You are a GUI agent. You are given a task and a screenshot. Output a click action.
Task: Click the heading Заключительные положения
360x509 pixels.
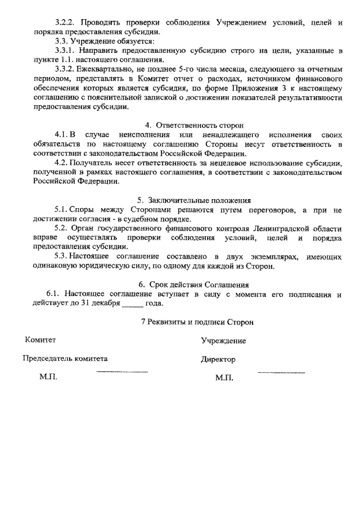pyautogui.click(x=201, y=200)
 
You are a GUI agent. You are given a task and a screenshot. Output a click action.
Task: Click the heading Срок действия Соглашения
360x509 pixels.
pyautogui.click(x=202, y=285)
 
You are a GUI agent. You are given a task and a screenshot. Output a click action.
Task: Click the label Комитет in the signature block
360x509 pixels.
pyautogui.click(x=40, y=340)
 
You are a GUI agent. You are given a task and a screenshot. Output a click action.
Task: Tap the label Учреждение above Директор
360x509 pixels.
pyautogui.click(x=223, y=341)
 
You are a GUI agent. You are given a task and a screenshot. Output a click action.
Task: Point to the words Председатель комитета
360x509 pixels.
pyautogui.click(x=65, y=358)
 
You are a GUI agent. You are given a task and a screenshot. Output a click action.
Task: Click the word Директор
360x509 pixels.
pyautogui.click(x=218, y=359)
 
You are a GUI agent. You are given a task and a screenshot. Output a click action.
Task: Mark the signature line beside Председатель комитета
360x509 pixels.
pyautogui.click(x=122, y=372)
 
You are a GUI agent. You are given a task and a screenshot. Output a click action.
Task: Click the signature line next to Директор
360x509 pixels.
pyautogui.click(x=281, y=372)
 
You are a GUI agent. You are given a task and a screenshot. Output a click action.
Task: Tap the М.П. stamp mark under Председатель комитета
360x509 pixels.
pyautogui.click(x=48, y=377)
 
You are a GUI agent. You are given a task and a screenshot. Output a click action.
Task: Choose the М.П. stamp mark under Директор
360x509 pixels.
pyautogui.click(x=224, y=378)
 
